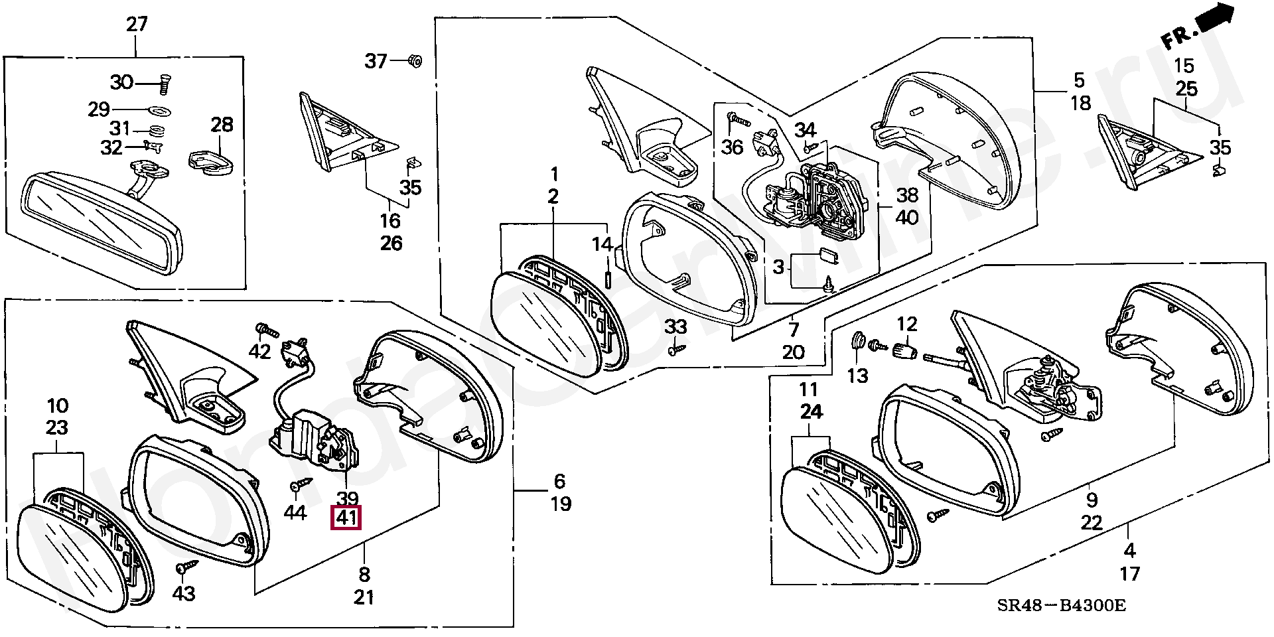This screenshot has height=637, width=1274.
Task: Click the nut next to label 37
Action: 415,61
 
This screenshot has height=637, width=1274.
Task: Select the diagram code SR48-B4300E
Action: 1062,605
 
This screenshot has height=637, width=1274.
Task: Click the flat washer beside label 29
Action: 157,109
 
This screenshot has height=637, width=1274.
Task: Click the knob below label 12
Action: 905,350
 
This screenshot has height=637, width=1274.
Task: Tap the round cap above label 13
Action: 859,342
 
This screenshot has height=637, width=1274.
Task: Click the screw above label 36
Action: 737,119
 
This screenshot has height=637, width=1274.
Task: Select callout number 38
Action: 907,195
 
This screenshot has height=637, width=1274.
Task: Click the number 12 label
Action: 907,324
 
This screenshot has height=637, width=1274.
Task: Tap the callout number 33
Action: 675,326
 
